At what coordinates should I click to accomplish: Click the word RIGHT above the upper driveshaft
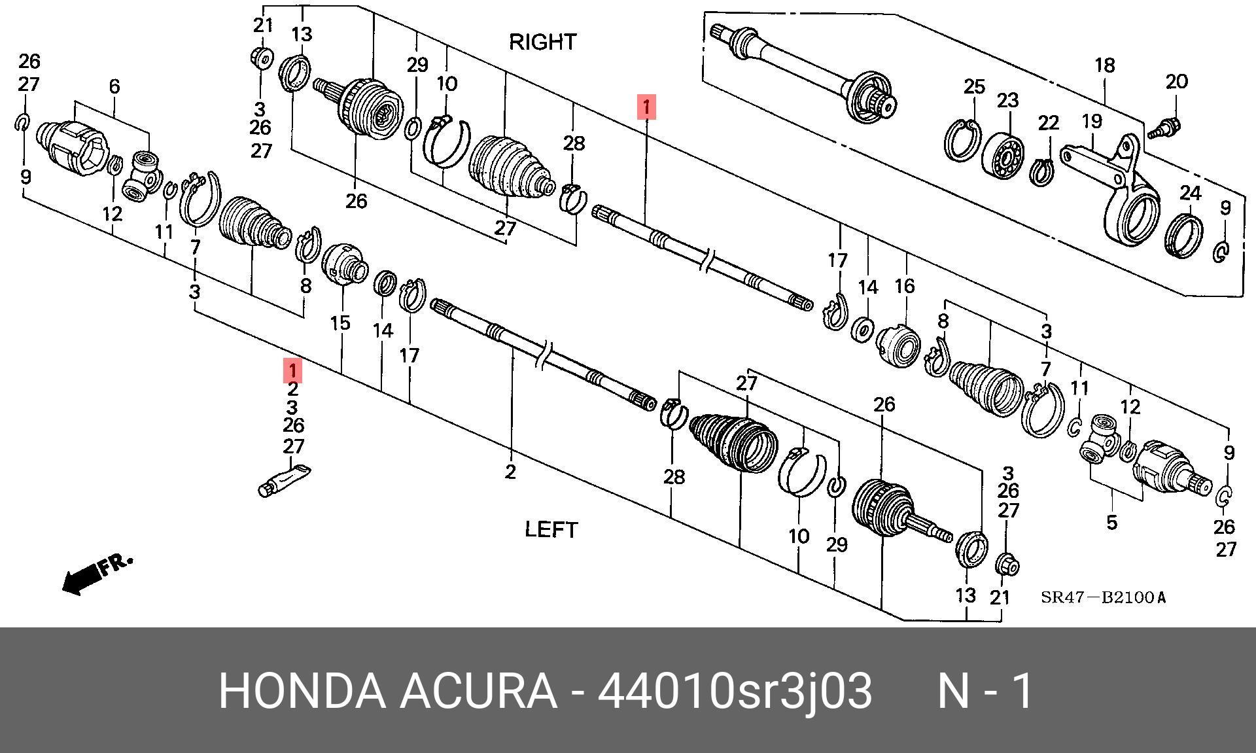tap(542, 42)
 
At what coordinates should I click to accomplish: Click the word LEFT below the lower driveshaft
tap(551, 529)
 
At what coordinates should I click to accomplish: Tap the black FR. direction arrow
tap(97, 574)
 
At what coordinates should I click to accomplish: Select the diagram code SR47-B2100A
tap(1104, 597)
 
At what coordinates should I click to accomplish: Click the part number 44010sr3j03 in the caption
tap(735, 692)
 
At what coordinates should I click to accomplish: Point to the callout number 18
tap(1104, 65)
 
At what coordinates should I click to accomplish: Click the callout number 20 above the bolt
tap(1176, 82)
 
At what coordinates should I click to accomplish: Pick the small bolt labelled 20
tap(1163, 127)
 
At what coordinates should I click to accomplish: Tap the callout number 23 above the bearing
tap(1007, 101)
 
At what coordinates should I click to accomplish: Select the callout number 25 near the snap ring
tap(974, 86)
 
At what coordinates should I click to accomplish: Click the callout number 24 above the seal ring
tap(1191, 194)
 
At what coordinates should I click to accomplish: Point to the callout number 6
tap(114, 86)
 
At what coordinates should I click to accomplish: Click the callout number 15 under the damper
tap(340, 323)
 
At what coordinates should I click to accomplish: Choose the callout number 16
tap(905, 286)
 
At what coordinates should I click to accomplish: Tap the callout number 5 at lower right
tap(1111, 522)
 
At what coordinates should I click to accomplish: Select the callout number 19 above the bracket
tap(1091, 121)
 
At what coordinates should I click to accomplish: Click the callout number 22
tap(1048, 123)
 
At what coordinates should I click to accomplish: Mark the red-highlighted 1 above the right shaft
tap(646, 106)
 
